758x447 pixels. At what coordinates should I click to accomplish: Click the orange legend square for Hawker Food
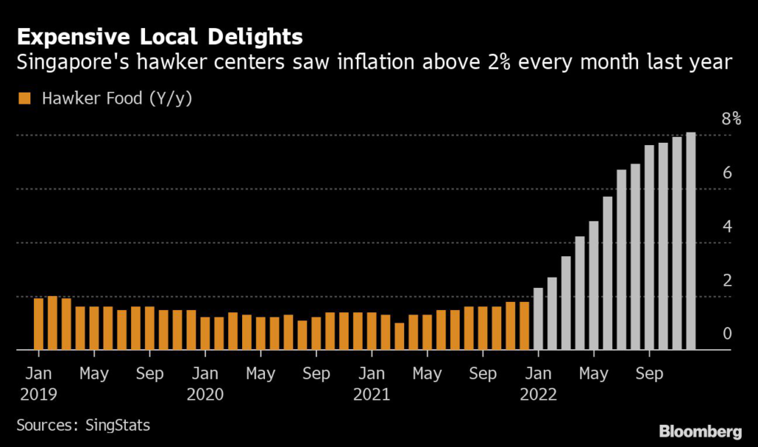point(24,98)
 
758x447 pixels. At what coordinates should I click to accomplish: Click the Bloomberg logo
point(700,431)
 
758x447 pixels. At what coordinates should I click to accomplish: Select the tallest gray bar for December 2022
point(691,241)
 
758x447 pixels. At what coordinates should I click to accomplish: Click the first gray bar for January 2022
point(538,318)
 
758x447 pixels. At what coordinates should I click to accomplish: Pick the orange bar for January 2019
point(38,323)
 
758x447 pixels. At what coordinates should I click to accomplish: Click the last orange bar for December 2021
point(524,326)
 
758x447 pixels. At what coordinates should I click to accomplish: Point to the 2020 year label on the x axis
point(205,394)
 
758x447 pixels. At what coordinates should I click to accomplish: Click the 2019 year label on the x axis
point(35,394)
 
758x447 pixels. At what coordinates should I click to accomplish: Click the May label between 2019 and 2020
point(94,374)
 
